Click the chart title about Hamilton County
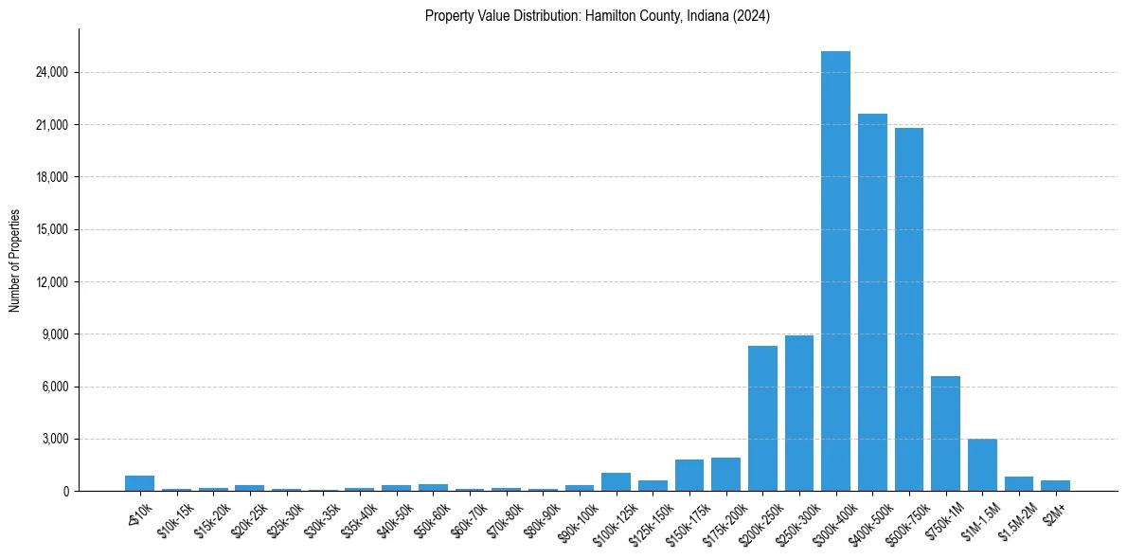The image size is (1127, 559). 598,16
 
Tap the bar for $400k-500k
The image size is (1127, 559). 872,303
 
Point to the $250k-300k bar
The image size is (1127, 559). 799,413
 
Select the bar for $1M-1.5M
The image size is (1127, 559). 982,465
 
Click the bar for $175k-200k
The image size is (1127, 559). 725,475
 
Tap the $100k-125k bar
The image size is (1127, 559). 616,481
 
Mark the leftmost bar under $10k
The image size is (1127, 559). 139,483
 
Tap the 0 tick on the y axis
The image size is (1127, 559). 64,492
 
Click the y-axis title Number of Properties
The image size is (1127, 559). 15,261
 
